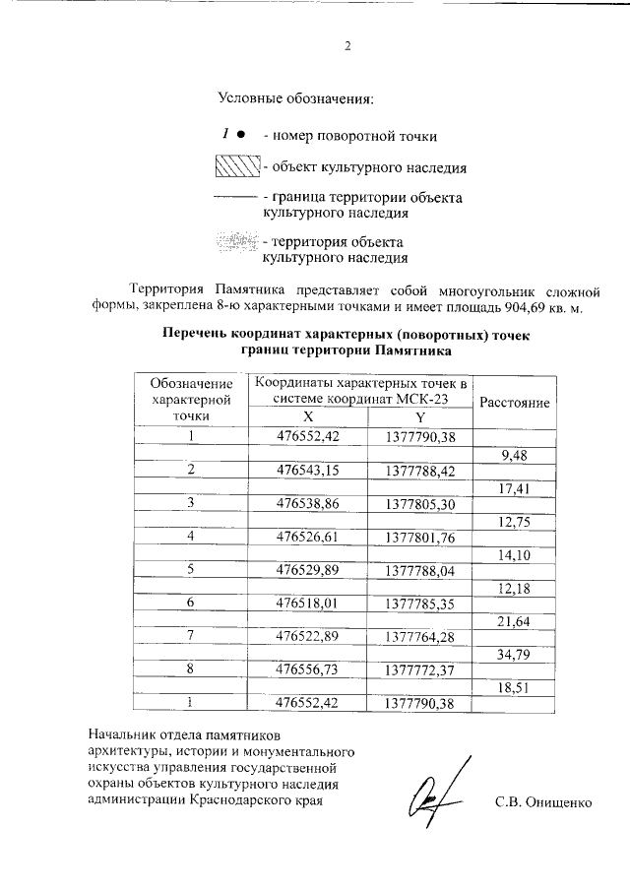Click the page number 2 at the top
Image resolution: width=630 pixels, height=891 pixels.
(x=347, y=47)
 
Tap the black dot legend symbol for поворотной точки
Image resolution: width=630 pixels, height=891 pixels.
(x=241, y=134)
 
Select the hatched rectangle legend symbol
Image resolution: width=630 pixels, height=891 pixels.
(x=236, y=166)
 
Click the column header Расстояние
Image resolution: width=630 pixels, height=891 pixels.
(x=514, y=403)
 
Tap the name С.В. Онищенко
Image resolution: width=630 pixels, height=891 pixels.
(x=542, y=801)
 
